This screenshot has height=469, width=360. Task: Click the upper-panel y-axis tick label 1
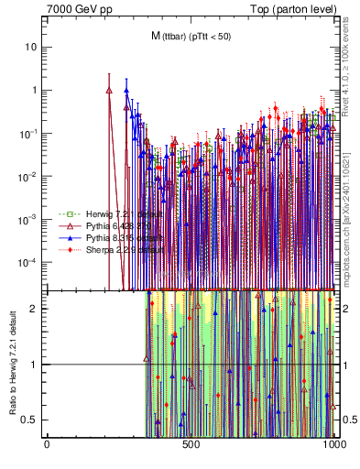coord(35,90)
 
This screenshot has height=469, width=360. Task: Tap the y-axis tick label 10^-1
coord(30,133)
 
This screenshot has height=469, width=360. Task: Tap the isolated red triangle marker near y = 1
coord(109,90)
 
